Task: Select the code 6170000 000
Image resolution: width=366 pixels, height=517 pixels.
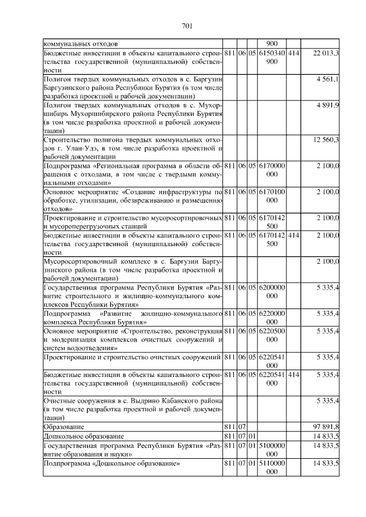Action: (x=272, y=169)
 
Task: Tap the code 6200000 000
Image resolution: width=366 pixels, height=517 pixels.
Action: (x=272, y=292)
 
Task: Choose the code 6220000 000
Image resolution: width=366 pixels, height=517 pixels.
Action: (x=272, y=318)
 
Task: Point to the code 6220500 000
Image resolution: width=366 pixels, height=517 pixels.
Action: (x=272, y=335)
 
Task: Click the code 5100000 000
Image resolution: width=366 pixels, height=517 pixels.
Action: (x=272, y=449)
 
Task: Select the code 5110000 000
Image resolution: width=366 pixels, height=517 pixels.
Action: (x=272, y=467)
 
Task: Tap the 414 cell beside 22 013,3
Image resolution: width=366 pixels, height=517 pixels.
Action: (x=293, y=53)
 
